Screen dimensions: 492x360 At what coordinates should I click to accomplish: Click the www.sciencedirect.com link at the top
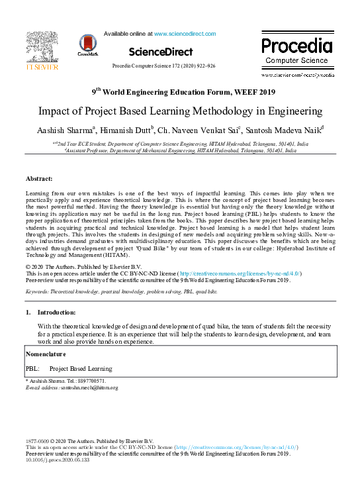click(x=185, y=33)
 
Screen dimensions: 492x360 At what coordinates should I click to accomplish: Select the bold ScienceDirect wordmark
click(x=161, y=52)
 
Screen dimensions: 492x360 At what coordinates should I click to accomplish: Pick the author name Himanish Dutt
click(x=135, y=130)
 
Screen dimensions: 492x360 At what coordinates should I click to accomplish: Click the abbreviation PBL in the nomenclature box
click(x=32, y=368)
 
